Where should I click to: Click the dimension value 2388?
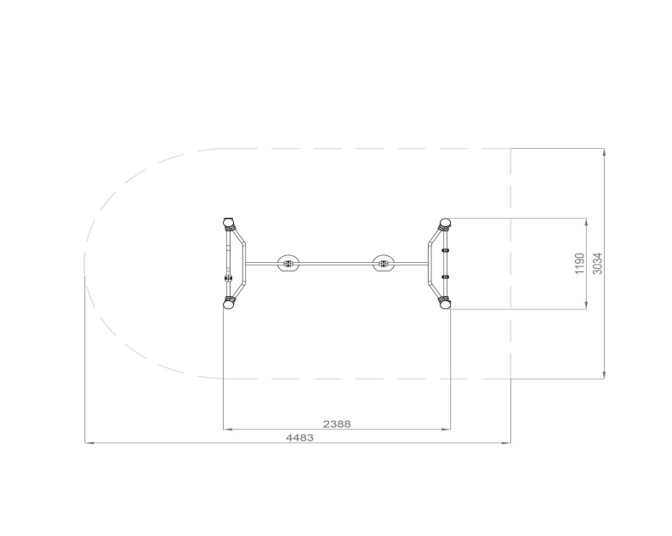(x=337, y=424)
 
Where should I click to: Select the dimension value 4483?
(x=299, y=438)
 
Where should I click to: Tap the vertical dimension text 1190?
(x=579, y=264)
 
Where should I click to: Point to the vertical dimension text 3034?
(x=597, y=264)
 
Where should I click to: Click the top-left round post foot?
(x=230, y=223)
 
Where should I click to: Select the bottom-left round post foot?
(x=230, y=304)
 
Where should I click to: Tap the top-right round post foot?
(x=445, y=223)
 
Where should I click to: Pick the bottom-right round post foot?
(x=445, y=304)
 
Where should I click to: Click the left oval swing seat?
(x=288, y=263)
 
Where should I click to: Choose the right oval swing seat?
(x=384, y=263)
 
